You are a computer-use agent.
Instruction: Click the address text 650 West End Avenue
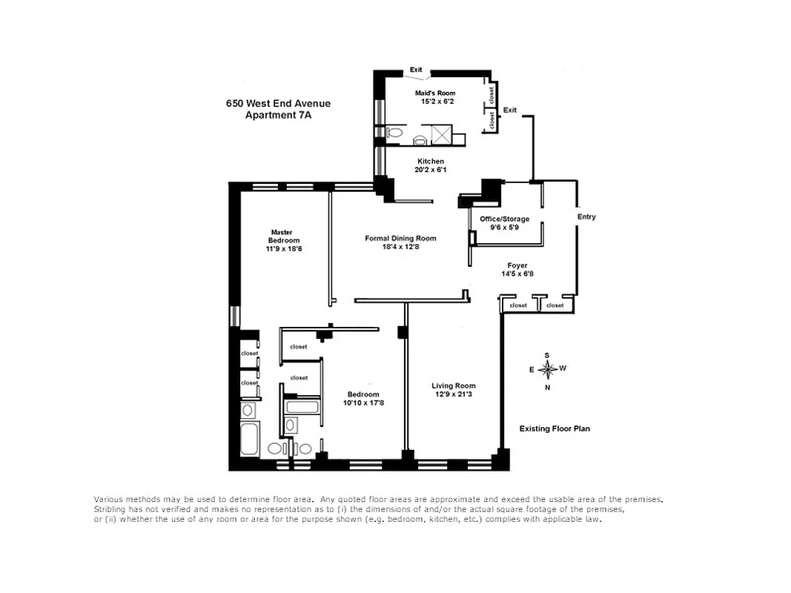tap(278, 104)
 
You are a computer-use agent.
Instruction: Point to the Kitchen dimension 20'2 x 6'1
tap(431, 170)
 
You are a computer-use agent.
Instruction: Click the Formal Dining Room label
tap(400, 239)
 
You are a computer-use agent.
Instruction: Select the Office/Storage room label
tap(504, 219)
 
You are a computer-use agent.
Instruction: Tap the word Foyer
tap(517, 265)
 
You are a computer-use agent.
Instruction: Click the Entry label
tap(586, 217)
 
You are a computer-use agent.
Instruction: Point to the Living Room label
tap(454, 385)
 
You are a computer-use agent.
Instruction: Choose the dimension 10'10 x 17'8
tap(363, 402)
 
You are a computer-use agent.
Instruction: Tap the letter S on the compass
tap(547, 355)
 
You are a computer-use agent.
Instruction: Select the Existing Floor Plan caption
tap(555, 428)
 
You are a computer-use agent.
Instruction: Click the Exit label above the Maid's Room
tap(416, 70)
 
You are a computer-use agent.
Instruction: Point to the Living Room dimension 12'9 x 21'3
tap(454, 394)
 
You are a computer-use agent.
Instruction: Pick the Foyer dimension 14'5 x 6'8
tap(517, 274)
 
